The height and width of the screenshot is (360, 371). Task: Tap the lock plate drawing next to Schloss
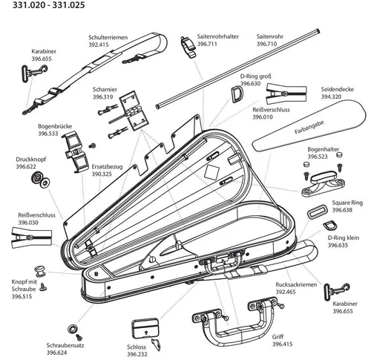[x=144, y=328]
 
